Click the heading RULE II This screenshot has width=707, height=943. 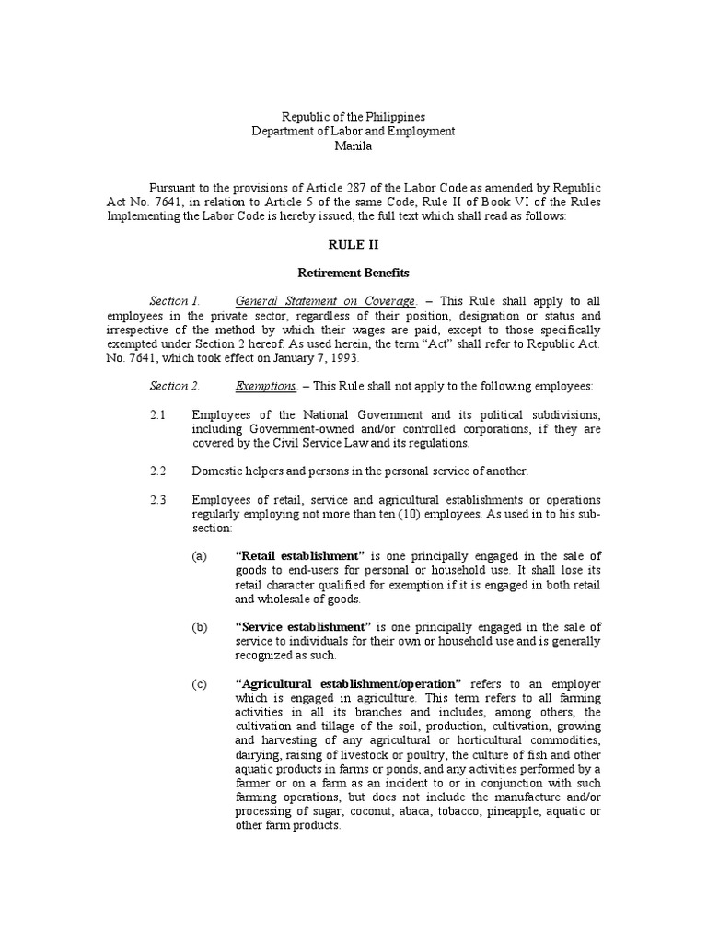[x=353, y=245]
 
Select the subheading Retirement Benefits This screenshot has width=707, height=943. [x=353, y=274]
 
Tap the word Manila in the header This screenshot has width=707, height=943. [x=353, y=146]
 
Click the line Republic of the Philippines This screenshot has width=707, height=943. [x=353, y=117]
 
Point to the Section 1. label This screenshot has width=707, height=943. [x=174, y=301]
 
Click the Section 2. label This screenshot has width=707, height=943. [x=175, y=386]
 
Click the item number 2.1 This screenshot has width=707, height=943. [x=157, y=414]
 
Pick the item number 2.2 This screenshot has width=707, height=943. [x=157, y=471]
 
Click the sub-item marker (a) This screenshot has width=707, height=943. [x=200, y=556]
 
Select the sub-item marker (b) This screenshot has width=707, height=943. [x=200, y=627]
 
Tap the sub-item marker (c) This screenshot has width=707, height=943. [x=200, y=684]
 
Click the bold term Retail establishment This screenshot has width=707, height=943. [x=301, y=556]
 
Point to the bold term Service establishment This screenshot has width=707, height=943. [x=303, y=627]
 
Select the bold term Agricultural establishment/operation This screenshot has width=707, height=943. [x=348, y=684]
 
